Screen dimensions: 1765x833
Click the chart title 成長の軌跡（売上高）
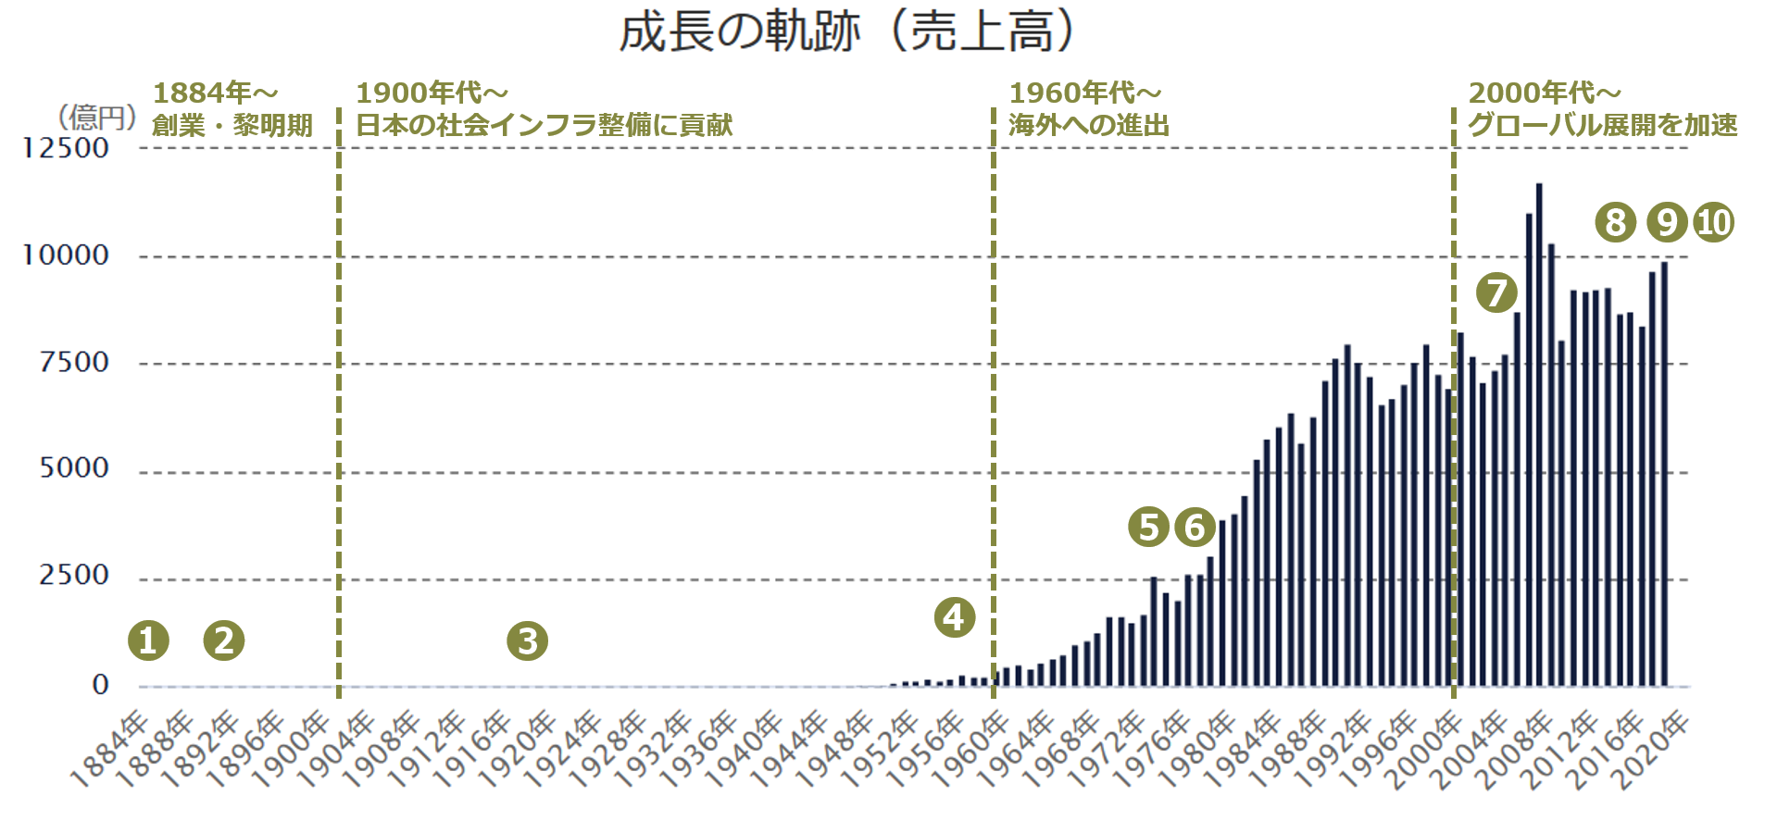pos(847,32)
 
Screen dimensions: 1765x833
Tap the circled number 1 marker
pos(148,640)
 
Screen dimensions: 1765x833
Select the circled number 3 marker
pos(528,640)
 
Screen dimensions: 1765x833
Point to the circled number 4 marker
pos(955,618)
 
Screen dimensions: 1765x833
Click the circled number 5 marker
pos(1148,527)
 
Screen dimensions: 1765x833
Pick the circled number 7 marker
pos(1496,293)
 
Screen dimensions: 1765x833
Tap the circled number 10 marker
pos(1714,222)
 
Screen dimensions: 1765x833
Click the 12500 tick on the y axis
pos(65,148)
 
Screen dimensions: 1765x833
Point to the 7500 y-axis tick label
pos(74,363)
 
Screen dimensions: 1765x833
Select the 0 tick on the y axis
pos(101,685)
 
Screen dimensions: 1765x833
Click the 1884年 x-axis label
pos(109,751)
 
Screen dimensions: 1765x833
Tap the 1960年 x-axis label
pos(970,751)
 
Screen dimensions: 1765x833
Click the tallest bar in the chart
pos(1539,435)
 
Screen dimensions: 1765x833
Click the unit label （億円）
pos(97,118)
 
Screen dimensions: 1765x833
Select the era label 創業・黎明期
pos(232,125)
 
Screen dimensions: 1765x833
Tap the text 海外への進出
pos(1089,125)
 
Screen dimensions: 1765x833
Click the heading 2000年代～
pos(1545,93)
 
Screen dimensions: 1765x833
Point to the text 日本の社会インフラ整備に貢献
pos(545,125)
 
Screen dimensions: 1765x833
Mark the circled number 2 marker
pos(224,640)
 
